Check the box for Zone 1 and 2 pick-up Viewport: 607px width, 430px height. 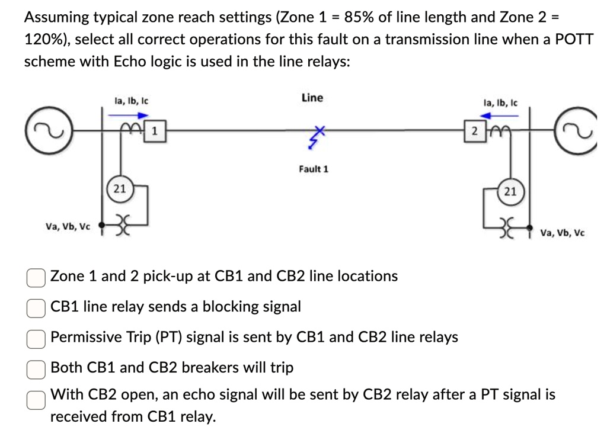point(36,277)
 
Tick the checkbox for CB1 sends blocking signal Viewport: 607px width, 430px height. point(36,307)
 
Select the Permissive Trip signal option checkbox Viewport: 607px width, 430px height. point(36,338)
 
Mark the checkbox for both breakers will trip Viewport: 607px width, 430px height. point(36,369)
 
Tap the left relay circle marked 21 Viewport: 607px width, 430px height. point(120,189)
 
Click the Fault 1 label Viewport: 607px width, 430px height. point(314,169)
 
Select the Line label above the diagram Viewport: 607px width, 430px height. point(312,98)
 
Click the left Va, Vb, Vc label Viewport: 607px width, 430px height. point(68,226)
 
